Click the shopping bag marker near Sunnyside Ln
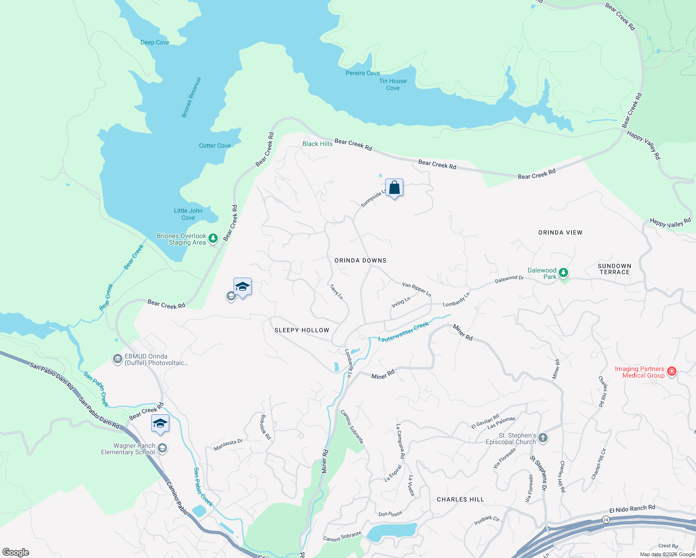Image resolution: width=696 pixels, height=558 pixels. coord(394,188)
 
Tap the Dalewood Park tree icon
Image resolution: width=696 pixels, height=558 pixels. coord(563,272)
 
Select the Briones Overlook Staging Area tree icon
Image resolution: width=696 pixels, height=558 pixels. coord(213,239)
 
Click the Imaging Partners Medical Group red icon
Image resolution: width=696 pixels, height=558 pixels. coord(671,371)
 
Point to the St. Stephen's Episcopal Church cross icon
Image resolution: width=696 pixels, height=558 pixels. coord(543,438)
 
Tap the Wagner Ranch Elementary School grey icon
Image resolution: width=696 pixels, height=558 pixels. coord(162,448)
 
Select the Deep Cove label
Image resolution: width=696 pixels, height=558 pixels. coord(155,42)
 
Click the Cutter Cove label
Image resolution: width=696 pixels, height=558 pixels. coord(215,146)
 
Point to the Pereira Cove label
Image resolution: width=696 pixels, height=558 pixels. coord(362,73)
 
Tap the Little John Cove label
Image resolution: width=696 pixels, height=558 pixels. coord(188,214)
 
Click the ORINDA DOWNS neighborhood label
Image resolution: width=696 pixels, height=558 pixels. coord(361,260)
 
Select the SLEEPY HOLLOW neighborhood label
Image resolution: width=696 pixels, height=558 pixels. coord(301,330)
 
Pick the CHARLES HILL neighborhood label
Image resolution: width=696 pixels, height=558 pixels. coord(460,499)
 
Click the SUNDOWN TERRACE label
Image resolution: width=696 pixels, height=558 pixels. coord(614,269)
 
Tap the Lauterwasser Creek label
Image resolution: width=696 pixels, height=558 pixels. coord(403,332)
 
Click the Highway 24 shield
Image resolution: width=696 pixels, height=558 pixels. coord(605,519)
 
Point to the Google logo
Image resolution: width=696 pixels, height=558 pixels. coord(16,552)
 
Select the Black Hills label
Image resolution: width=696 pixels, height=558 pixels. coord(317,144)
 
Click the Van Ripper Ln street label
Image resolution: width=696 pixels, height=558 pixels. coord(417,289)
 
